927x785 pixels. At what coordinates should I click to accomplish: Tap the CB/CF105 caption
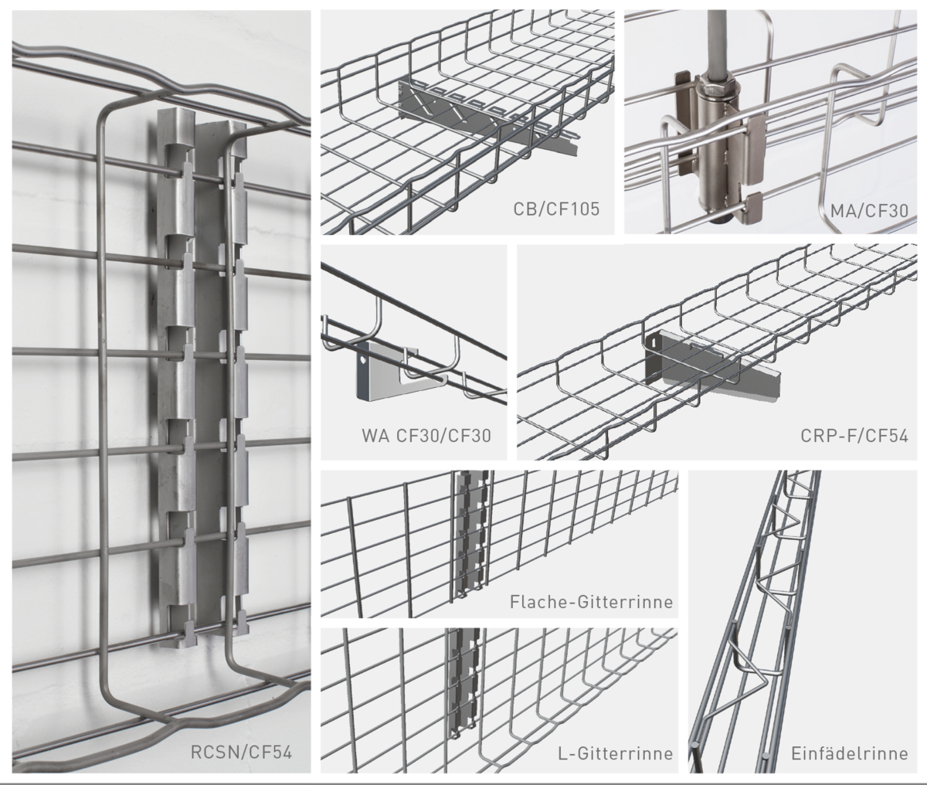[x=556, y=209]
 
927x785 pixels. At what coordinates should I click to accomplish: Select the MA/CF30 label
[x=869, y=210]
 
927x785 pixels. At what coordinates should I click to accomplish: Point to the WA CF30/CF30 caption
[x=426, y=436]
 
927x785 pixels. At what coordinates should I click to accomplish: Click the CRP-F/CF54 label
[x=854, y=436]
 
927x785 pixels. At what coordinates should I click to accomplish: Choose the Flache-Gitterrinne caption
[x=592, y=602]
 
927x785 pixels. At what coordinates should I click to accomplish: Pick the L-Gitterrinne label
[x=616, y=753]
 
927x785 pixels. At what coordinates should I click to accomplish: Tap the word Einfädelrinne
[x=850, y=753]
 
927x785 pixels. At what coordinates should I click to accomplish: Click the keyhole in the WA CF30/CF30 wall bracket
[x=362, y=359]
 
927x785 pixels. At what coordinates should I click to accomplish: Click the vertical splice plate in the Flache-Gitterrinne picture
[x=469, y=534]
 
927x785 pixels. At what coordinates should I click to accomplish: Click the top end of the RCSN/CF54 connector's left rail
[x=176, y=110]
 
